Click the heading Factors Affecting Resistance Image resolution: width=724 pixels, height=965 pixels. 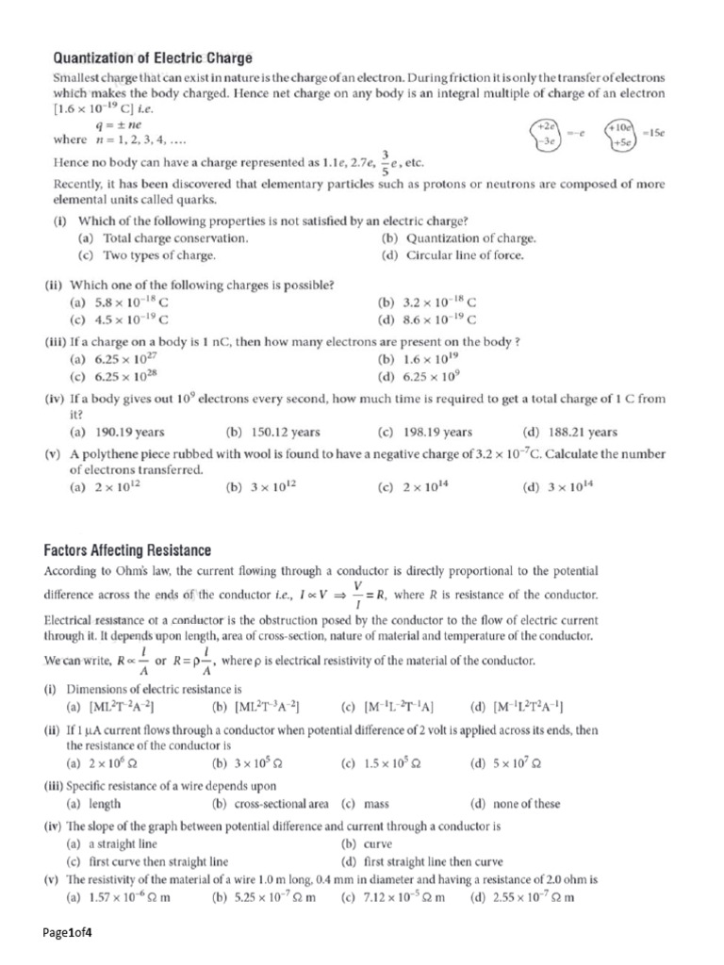point(127,549)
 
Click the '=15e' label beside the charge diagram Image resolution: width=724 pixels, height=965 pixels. point(653,134)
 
